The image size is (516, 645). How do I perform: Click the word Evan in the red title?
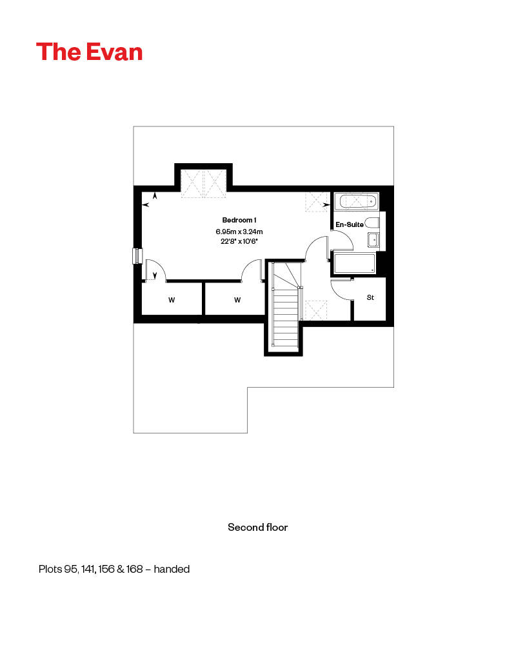coord(115,52)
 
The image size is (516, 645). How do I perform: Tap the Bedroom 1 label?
coord(239,220)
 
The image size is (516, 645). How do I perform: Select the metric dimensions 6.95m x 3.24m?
coord(239,232)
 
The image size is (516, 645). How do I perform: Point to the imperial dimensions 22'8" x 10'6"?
coord(239,241)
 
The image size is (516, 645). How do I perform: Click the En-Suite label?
coord(350,224)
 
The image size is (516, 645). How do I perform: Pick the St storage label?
coord(370,297)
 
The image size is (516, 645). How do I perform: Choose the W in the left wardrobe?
coord(172,300)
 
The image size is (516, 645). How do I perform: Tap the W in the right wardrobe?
coord(237,300)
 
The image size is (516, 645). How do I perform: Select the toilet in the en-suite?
coord(372,223)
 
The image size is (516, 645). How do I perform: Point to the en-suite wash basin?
coord(373,239)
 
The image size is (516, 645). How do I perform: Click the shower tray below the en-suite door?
coord(355,264)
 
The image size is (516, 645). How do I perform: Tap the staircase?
coord(286,305)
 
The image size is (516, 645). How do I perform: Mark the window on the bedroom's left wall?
coord(137,256)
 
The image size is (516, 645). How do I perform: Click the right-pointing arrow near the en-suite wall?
coord(326,204)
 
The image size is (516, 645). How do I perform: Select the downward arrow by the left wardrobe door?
coord(155,275)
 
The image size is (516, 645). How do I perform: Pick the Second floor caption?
coord(258,528)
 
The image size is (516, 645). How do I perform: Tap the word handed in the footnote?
coord(172,570)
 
